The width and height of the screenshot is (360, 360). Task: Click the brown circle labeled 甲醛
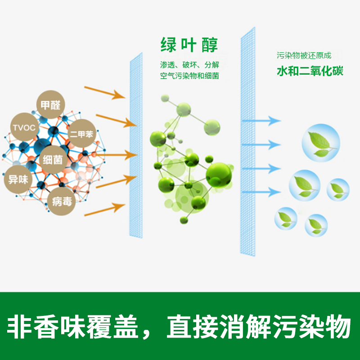click(50, 106)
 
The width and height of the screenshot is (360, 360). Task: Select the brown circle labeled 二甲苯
click(82, 133)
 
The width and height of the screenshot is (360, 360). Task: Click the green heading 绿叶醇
click(189, 45)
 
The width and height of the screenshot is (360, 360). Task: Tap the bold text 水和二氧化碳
click(310, 71)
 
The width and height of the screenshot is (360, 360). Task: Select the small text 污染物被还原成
click(304, 56)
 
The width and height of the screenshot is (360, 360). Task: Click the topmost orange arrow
click(110, 92)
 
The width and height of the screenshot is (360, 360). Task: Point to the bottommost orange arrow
click(110, 207)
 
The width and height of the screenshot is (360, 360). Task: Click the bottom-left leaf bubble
click(286, 218)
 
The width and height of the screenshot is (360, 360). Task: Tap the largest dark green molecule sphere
click(219, 173)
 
